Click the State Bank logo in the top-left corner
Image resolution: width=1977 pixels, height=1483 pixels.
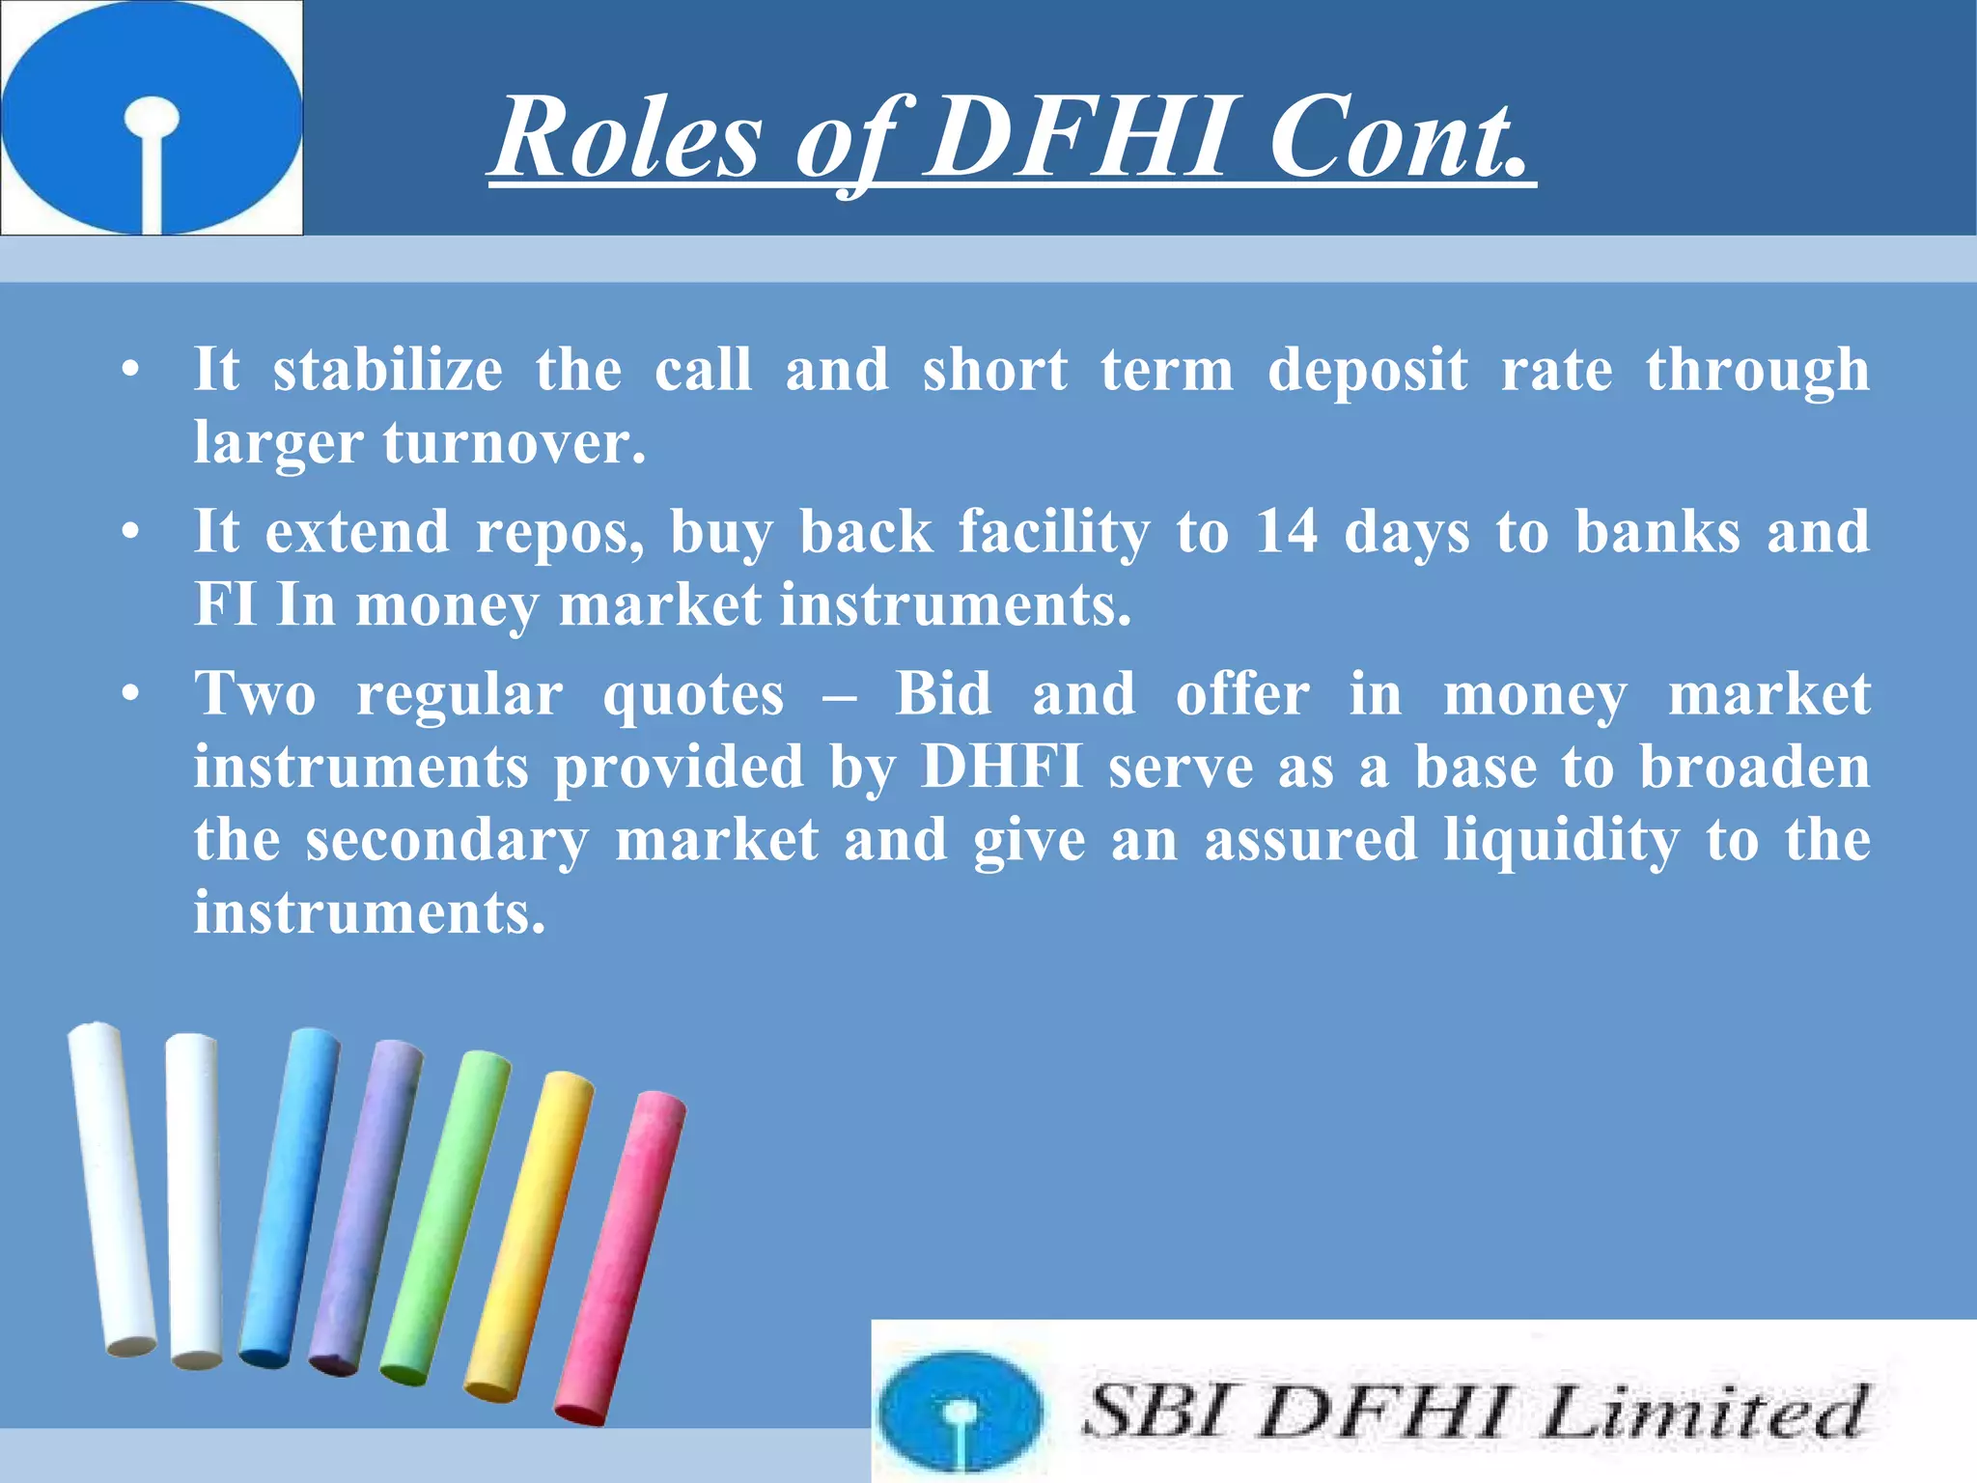152,117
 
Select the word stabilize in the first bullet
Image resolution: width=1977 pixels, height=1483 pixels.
387,370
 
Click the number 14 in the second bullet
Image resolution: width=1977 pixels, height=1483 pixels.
1286,531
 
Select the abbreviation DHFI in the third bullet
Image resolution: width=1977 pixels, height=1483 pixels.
1001,767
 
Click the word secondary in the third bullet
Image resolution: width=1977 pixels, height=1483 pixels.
447,841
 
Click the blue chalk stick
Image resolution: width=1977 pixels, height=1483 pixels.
289,1197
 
